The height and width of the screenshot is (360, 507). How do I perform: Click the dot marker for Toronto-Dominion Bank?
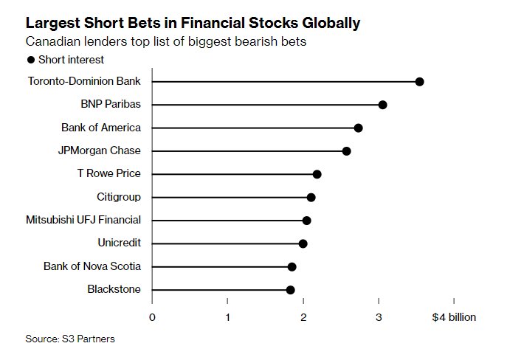pos(419,81)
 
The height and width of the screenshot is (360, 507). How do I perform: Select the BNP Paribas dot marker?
pos(382,105)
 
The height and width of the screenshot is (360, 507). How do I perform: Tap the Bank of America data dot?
pos(358,128)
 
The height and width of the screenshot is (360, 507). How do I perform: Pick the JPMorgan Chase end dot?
pos(346,151)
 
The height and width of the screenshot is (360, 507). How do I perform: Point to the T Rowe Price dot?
pos(317,174)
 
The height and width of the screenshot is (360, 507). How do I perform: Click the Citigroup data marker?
pos(311,197)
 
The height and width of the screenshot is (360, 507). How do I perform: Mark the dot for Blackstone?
pos(290,290)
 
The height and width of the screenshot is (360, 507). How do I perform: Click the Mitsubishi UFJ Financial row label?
pos(83,220)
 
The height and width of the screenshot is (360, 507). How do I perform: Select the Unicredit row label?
pos(119,243)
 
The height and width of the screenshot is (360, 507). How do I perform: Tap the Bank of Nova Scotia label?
pos(92,266)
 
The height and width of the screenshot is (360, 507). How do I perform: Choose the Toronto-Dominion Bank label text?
pos(84,81)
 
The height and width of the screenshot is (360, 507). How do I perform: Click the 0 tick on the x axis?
pos(152,317)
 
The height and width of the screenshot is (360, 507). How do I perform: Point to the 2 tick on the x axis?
pos(303,317)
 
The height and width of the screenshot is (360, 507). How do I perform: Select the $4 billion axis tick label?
pos(454,317)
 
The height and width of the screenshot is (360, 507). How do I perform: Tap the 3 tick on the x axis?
pos(379,317)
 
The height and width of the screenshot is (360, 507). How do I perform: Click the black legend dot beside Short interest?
pos(31,60)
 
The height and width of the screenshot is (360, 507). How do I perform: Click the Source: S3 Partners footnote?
pos(70,339)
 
